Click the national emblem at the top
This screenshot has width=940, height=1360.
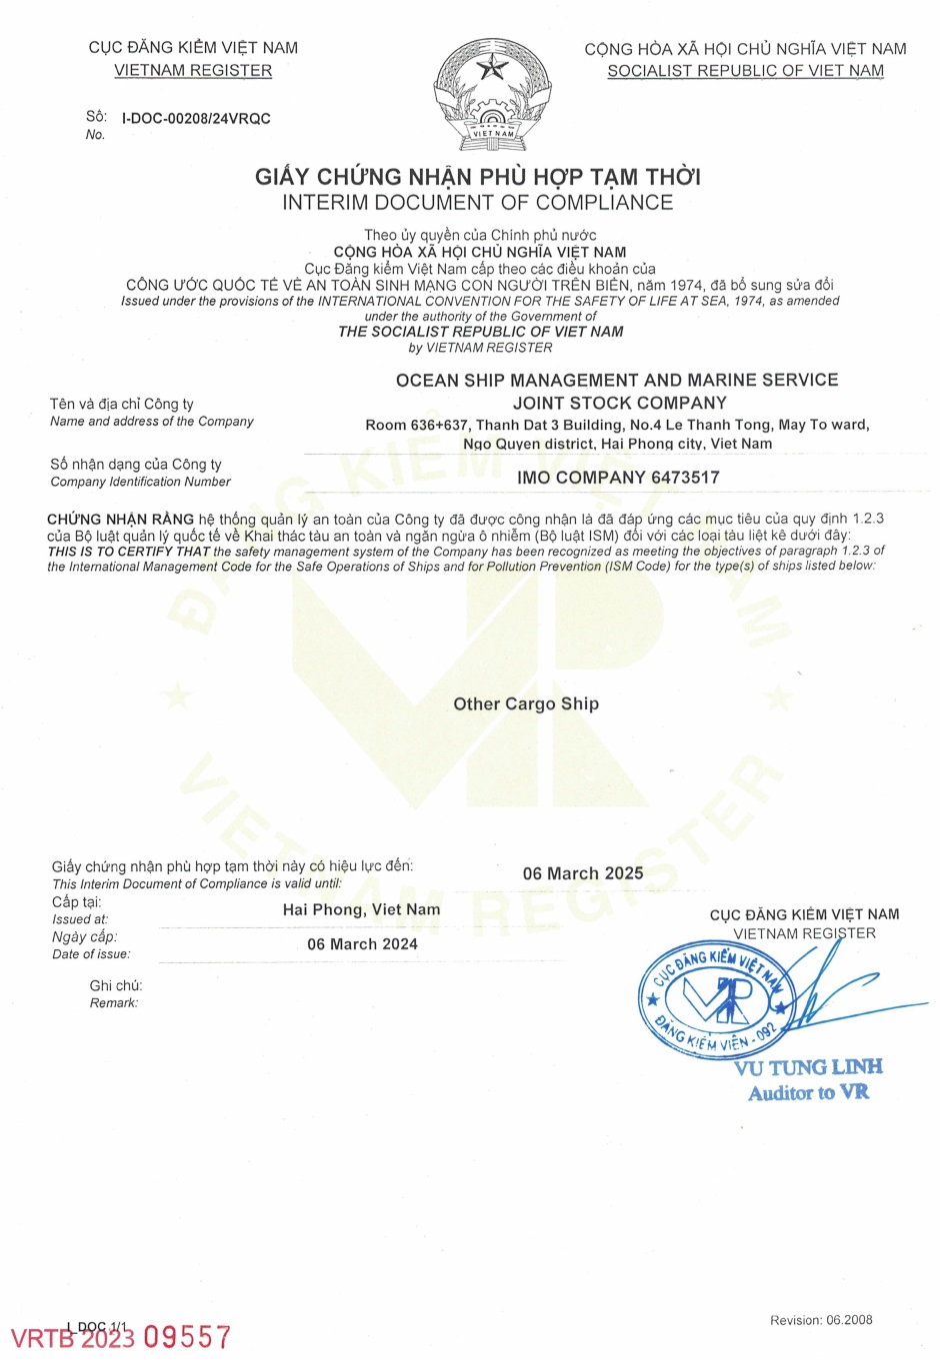click(492, 95)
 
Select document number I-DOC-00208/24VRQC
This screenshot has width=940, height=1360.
click(196, 118)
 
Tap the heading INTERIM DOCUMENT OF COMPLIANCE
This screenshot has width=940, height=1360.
click(478, 203)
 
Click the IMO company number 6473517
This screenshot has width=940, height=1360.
click(618, 478)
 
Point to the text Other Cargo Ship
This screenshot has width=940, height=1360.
click(526, 703)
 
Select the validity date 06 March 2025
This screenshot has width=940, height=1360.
click(583, 873)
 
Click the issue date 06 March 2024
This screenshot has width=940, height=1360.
click(362, 944)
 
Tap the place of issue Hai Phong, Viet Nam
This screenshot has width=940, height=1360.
click(361, 909)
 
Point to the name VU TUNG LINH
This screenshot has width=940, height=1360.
click(808, 1067)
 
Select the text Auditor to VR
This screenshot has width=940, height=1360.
click(808, 1092)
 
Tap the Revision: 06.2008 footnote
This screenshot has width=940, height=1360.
click(821, 1320)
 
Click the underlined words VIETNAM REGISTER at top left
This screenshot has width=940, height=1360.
click(193, 70)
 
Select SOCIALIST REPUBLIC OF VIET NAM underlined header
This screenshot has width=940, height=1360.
click(745, 71)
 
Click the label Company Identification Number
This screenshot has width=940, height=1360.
click(140, 482)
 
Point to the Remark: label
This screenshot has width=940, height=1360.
click(114, 1003)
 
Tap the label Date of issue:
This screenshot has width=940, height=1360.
click(91, 954)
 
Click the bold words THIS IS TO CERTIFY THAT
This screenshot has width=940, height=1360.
click(128, 551)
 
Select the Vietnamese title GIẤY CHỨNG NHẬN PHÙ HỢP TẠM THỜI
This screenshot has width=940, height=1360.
click(478, 177)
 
